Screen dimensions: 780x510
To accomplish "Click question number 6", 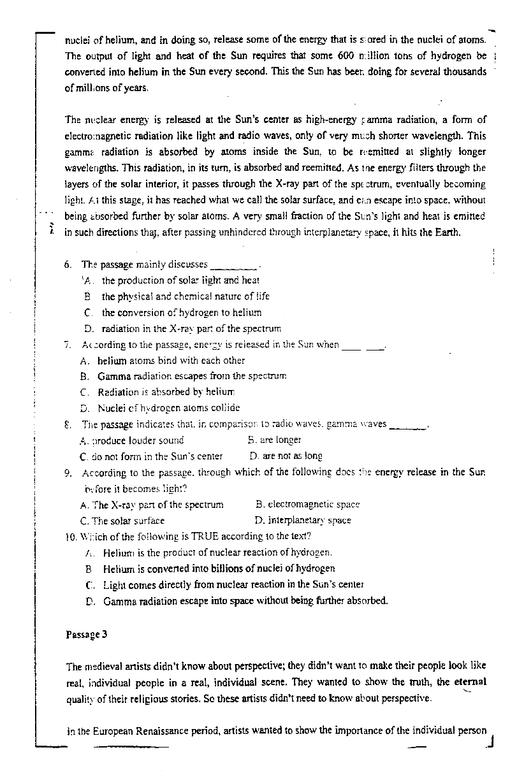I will click(x=68, y=264).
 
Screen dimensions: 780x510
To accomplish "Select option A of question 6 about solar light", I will click(x=180, y=280).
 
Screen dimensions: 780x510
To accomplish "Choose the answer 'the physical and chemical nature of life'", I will click(x=186, y=296).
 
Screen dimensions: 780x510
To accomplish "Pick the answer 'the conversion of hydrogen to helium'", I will click(x=181, y=313).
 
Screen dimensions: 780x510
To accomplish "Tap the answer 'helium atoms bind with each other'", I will click(x=171, y=360).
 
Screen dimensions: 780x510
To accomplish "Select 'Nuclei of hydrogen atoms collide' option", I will click(x=168, y=408).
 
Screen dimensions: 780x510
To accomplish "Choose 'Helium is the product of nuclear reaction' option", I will click(x=217, y=552).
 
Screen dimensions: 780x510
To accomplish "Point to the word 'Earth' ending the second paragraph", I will click(x=447, y=232).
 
